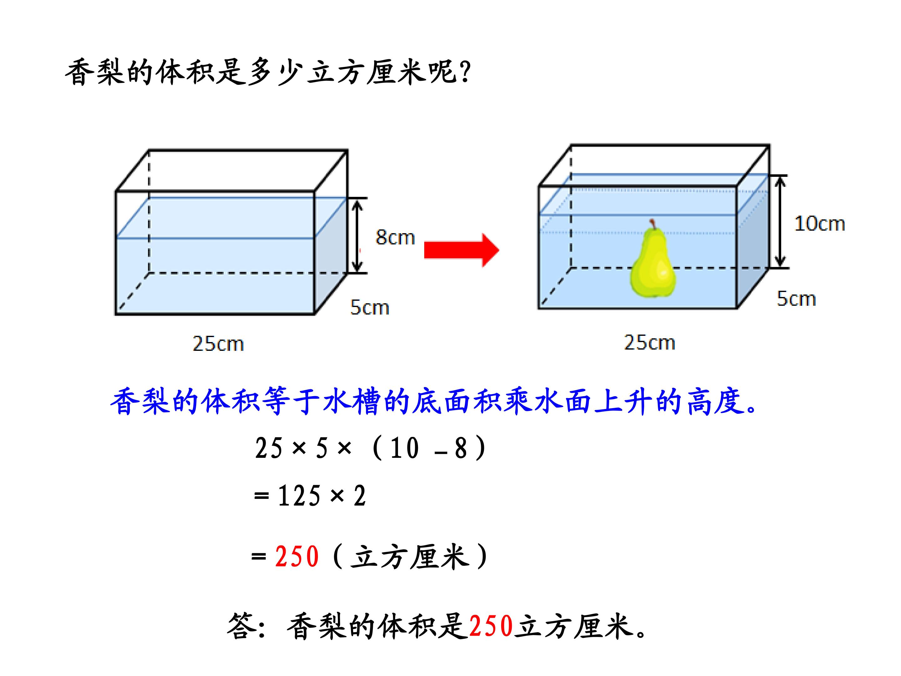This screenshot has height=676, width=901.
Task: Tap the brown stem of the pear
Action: (x=653, y=224)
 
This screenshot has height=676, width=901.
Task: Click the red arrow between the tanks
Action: (x=461, y=250)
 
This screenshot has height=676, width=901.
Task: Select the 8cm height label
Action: (x=395, y=238)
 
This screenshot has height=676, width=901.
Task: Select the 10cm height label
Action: (x=820, y=224)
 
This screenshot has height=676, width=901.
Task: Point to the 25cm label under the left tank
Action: (x=218, y=344)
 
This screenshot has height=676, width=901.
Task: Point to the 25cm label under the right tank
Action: (x=650, y=342)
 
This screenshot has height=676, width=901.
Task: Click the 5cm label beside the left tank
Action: (x=370, y=307)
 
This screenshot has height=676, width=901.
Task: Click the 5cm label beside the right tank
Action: (x=796, y=299)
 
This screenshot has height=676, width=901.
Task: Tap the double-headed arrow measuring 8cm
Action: (x=357, y=236)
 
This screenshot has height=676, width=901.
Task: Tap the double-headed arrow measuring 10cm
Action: (x=780, y=221)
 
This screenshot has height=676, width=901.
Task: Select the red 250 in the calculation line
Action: (x=297, y=557)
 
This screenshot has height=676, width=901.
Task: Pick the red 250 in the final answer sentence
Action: (x=491, y=626)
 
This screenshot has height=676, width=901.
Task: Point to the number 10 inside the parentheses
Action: (x=404, y=448)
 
